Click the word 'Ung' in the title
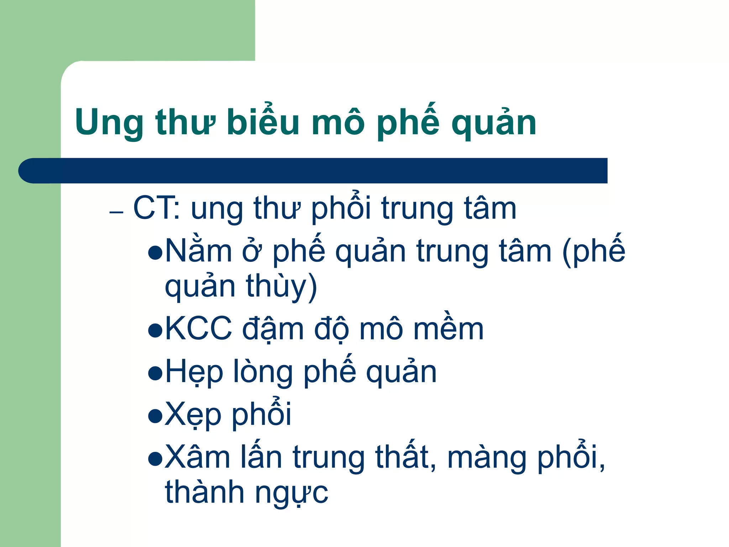[x=108, y=123]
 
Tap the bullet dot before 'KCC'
[x=155, y=330]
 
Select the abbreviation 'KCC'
[x=198, y=329]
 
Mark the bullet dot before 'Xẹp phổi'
[x=155, y=416]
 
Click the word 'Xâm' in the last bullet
[x=198, y=457]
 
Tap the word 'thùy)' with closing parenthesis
[x=281, y=286]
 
